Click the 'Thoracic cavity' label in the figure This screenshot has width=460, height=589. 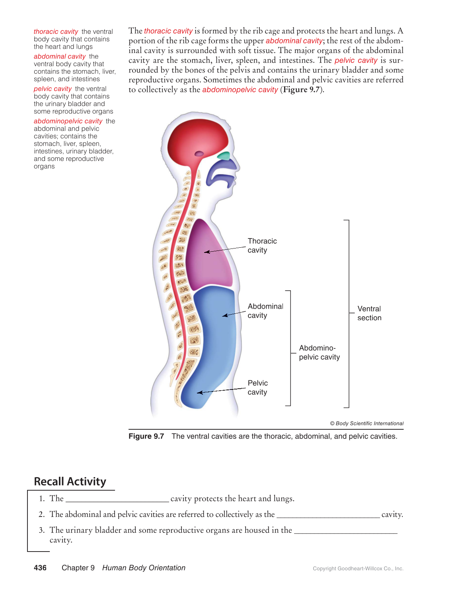[x=262, y=246]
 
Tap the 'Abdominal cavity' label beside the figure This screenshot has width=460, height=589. [x=265, y=311]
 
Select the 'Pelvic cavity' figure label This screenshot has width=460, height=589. [x=257, y=387]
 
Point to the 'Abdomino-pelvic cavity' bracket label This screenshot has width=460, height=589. [x=319, y=352]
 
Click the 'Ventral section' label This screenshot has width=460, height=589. [x=369, y=313]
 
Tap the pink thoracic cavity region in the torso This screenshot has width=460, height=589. [x=210, y=255]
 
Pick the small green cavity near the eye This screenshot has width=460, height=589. [x=224, y=156]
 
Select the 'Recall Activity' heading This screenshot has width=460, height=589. [x=70, y=481]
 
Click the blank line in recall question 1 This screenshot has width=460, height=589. [x=117, y=500]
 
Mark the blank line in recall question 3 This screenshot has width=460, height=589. [x=345, y=532]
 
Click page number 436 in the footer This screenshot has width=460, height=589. [x=40, y=568]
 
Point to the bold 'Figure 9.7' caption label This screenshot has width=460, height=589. [x=146, y=436]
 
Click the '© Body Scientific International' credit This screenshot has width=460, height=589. [x=366, y=423]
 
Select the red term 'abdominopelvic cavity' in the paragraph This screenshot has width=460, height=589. [x=240, y=90]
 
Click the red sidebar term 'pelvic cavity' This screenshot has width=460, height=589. [x=53, y=89]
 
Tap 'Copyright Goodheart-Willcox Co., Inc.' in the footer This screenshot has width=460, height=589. [x=358, y=569]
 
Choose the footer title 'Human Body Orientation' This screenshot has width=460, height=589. [x=144, y=568]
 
